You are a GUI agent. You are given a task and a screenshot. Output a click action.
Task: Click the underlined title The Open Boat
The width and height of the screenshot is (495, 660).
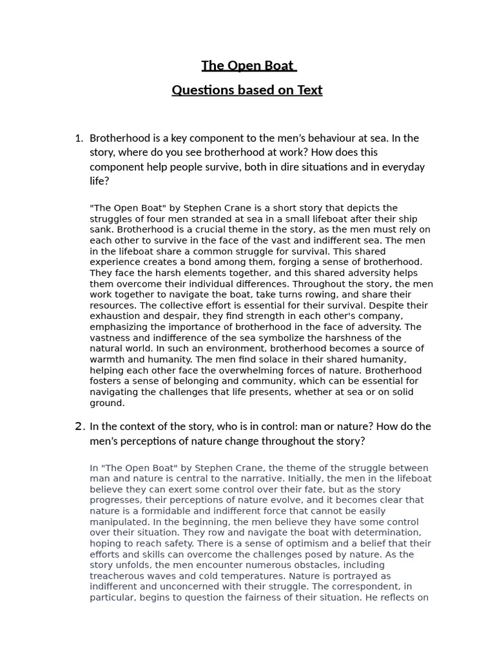[x=248, y=66]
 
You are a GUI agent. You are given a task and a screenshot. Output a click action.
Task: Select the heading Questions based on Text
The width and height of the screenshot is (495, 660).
[x=247, y=90]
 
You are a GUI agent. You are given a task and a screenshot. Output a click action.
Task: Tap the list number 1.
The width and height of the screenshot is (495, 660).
[x=79, y=138]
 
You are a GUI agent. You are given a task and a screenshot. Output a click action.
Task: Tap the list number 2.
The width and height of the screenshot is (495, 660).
[x=79, y=426]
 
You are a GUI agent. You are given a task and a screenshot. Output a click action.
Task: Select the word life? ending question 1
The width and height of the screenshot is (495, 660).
[x=99, y=181]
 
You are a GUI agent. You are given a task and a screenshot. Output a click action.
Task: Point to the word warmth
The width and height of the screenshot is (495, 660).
[x=107, y=360]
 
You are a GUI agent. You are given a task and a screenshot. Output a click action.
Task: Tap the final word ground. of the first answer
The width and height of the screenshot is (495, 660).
[x=107, y=403]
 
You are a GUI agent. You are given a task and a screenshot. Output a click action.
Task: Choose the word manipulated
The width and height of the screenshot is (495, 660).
[x=119, y=522]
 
